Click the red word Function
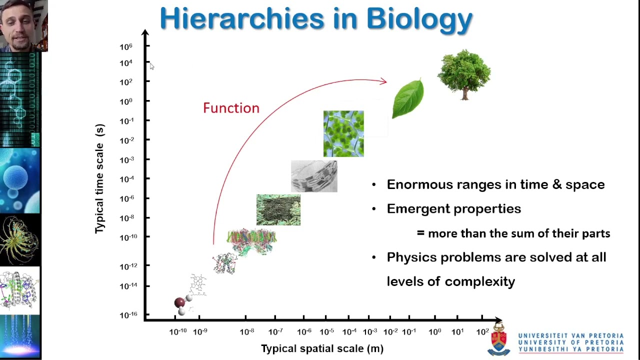(x=231, y=108)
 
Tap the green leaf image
(x=408, y=98)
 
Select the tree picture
(x=464, y=74)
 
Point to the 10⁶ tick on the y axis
(x=126, y=46)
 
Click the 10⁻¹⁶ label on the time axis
(x=128, y=314)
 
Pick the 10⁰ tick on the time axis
(x=126, y=101)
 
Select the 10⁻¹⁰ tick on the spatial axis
(x=177, y=331)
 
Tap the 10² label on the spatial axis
(x=482, y=331)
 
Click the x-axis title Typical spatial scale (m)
(x=322, y=348)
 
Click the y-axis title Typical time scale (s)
(x=100, y=178)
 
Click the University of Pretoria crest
(x=499, y=339)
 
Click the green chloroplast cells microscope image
(x=343, y=133)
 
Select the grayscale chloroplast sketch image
(x=314, y=176)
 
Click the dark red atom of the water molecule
(x=179, y=302)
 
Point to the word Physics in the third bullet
(x=411, y=257)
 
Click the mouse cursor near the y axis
(x=151, y=66)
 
